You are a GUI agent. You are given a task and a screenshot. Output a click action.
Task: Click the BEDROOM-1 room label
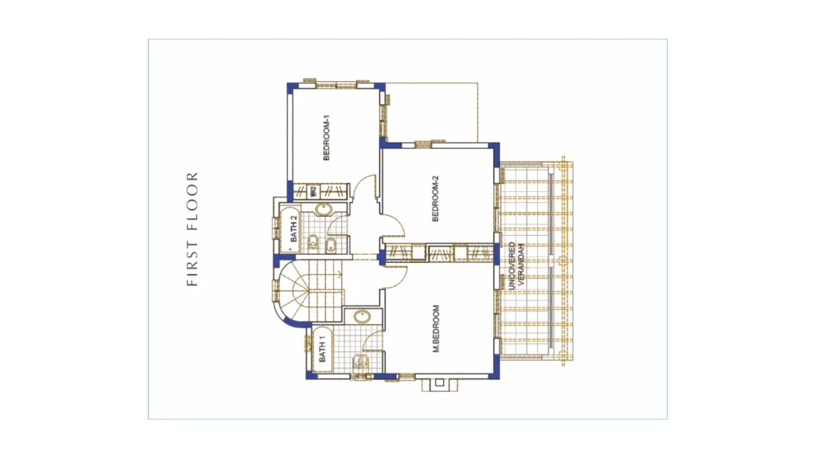(327, 137)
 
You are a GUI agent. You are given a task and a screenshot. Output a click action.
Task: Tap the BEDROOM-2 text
(436, 199)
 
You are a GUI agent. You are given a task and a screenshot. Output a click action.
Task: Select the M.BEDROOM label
(436, 329)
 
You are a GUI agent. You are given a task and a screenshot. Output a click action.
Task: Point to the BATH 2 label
(293, 229)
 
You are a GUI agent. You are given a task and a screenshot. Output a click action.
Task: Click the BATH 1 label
(322, 349)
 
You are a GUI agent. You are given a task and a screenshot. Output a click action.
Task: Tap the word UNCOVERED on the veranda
(512, 265)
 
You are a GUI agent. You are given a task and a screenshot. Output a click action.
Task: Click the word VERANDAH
(522, 265)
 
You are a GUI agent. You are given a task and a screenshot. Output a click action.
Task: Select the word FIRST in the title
(193, 265)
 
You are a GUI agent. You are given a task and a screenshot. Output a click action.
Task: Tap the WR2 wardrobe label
(313, 191)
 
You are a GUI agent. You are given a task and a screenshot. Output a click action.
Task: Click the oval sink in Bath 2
(324, 209)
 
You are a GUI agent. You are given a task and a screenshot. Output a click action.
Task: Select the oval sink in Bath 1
(362, 316)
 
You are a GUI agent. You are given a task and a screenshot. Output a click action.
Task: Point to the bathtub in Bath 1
(322, 349)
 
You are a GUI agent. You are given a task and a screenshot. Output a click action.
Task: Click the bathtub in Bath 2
(291, 229)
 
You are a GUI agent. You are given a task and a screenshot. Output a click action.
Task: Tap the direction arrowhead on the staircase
(340, 272)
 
